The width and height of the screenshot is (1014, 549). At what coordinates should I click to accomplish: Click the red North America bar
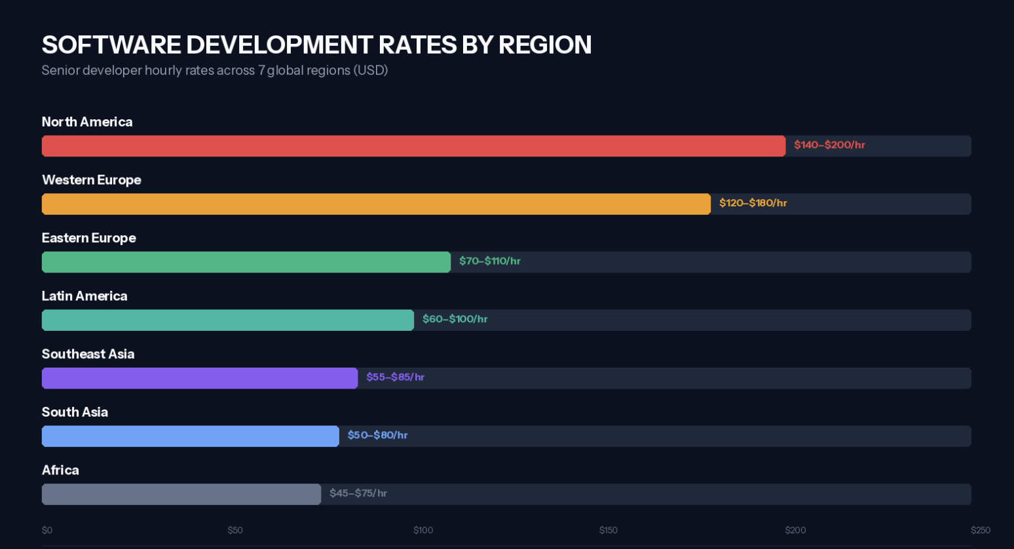click(413, 146)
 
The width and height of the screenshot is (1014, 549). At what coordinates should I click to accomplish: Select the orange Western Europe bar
click(376, 204)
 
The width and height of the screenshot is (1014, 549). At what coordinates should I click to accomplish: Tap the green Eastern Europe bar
click(246, 262)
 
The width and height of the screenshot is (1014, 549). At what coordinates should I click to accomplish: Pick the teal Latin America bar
click(228, 320)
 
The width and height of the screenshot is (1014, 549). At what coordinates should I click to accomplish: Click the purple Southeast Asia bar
click(200, 378)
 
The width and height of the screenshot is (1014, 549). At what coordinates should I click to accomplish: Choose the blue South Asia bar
click(191, 436)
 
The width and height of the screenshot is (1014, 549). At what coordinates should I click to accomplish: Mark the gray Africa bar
click(181, 494)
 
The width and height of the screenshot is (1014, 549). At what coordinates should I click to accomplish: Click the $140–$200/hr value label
click(829, 145)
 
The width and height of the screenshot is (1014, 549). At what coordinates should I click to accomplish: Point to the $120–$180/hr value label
click(753, 203)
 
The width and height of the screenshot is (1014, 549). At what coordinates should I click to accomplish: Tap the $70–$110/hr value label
click(489, 261)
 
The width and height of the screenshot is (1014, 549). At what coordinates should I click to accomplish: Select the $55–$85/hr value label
click(395, 377)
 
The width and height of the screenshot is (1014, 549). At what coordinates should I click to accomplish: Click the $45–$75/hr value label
click(358, 493)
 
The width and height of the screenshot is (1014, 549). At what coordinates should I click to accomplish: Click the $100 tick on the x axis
click(423, 530)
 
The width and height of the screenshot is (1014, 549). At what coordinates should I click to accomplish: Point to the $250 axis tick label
click(980, 530)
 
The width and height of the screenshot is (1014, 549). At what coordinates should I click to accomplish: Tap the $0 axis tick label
click(47, 530)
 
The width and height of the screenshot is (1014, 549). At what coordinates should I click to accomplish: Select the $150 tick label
click(608, 530)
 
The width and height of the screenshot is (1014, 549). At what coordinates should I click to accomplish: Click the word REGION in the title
click(544, 45)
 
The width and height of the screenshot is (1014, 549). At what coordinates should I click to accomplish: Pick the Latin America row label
click(84, 296)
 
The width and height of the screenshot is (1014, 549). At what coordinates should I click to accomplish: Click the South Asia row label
click(75, 412)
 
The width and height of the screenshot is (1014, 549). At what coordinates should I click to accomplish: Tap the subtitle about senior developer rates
click(215, 70)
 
